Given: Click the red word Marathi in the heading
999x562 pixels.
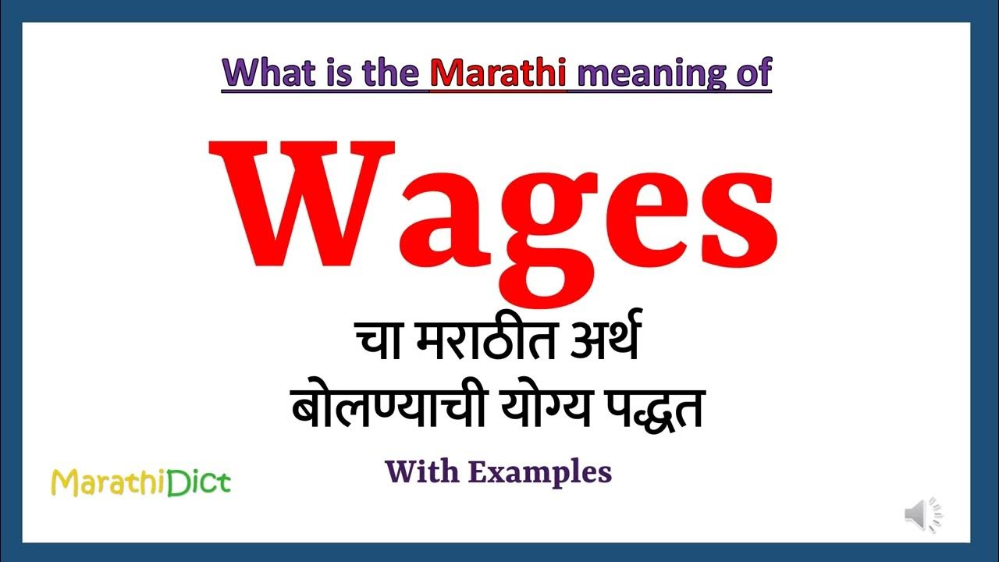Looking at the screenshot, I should point(498,73).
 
